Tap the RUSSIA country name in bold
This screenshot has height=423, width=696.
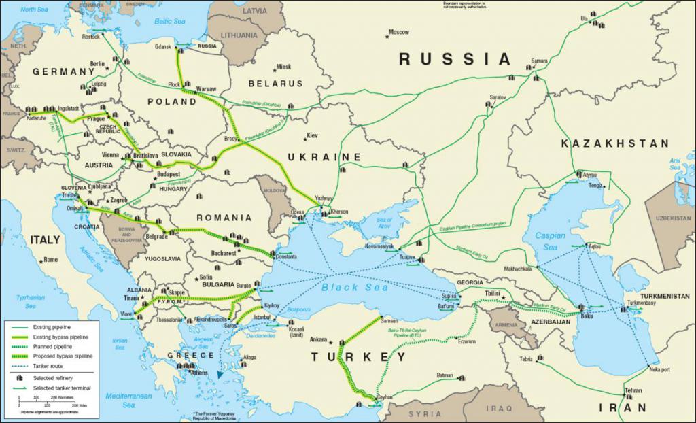click(x=454, y=59)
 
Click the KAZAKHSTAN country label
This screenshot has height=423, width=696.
click(x=615, y=143)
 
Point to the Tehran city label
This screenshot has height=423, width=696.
click(x=633, y=390)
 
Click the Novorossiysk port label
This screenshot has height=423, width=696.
click(x=379, y=246)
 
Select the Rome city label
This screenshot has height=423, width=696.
click(x=51, y=259)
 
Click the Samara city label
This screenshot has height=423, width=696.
click(x=539, y=61)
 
